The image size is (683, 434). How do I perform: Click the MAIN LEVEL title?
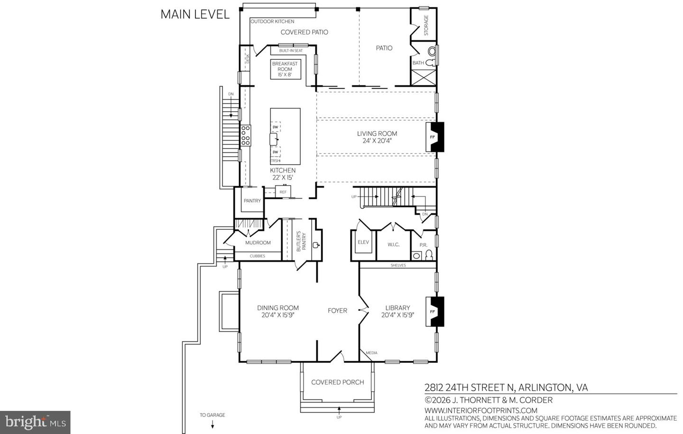195,14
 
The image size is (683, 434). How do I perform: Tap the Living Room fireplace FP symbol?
433,137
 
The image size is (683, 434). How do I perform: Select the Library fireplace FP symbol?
433,311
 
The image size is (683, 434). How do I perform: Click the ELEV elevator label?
363,242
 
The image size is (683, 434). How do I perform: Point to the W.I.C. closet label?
393,245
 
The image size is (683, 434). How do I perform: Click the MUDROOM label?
258,243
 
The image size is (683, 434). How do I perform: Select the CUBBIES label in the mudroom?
258,256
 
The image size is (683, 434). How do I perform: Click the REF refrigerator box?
283,192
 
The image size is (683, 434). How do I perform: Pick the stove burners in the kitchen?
246,135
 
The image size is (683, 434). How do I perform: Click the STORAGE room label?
426,25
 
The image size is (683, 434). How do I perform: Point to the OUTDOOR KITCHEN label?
272,21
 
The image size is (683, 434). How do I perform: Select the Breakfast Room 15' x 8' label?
285,69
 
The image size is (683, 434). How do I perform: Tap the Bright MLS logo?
35,422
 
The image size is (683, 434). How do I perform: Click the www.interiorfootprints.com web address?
481,410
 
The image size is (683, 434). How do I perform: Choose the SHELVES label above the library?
398,265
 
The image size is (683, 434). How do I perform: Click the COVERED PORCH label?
337,382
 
